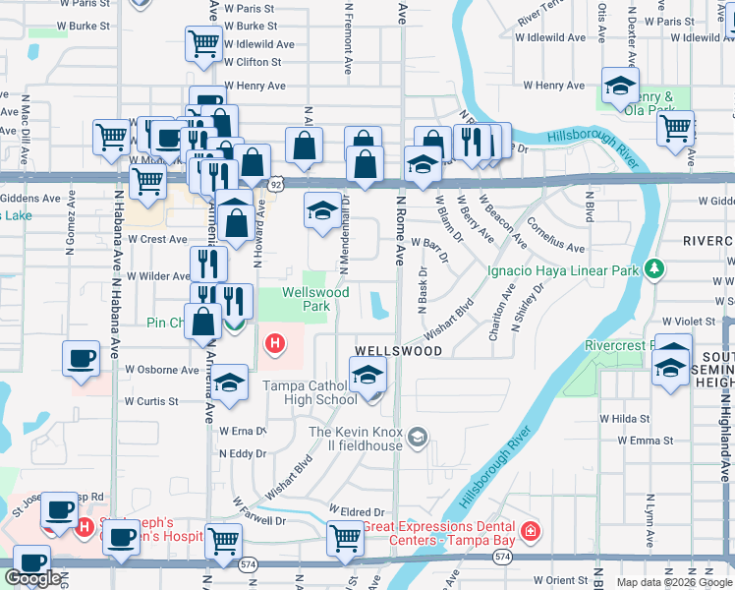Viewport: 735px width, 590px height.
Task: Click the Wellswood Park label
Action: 315,299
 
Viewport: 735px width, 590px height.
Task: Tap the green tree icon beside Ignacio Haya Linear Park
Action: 654,268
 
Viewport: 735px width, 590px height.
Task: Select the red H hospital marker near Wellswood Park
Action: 276,343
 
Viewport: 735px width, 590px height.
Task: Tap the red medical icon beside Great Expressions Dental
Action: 530,532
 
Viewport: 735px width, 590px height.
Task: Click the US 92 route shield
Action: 277,184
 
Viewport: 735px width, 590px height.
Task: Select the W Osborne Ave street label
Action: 162,370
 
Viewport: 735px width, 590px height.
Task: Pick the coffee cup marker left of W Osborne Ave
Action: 80,359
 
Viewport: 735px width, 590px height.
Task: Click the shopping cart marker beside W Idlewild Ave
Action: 202,43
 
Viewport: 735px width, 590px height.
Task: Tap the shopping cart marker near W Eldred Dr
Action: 345,538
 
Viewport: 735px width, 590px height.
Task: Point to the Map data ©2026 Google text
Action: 673,582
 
